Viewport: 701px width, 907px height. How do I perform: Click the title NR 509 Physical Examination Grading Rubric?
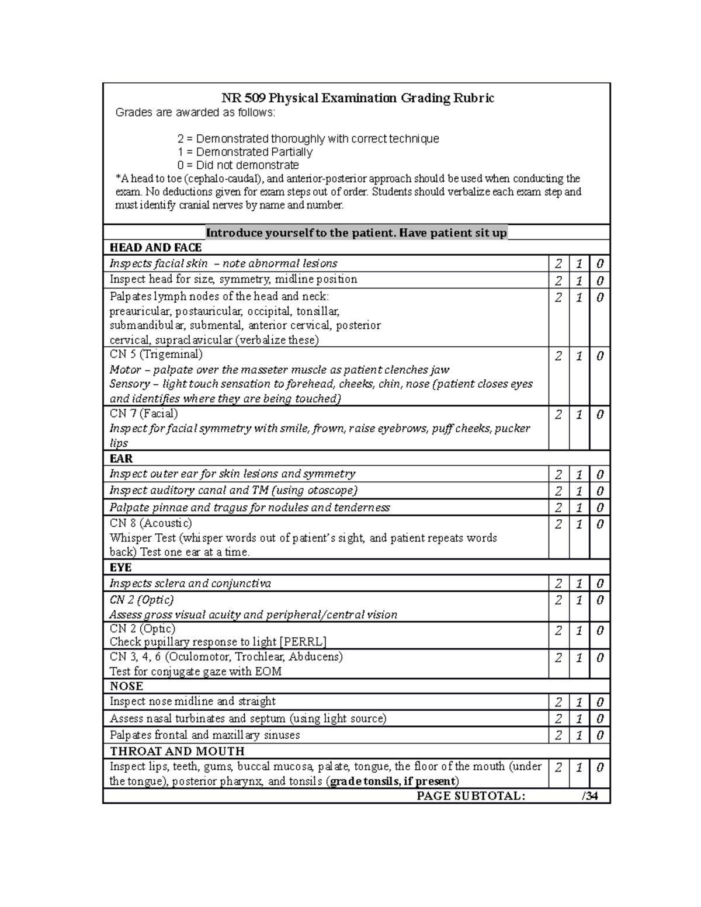click(357, 98)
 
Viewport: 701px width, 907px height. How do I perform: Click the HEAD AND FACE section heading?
click(155, 248)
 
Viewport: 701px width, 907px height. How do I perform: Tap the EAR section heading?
click(121, 458)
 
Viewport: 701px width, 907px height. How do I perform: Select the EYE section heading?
click(120, 568)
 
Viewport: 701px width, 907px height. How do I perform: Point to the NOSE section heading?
click(126, 686)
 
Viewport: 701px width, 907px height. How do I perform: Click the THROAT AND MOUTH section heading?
click(177, 751)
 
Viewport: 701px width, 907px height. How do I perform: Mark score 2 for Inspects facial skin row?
click(558, 265)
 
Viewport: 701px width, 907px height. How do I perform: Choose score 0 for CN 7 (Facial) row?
click(600, 415)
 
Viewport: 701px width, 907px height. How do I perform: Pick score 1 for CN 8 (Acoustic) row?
click(579, 524)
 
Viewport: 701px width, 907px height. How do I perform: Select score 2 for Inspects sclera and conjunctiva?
click(558, 584)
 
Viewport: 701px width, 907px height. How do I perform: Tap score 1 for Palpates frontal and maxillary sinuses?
click(579, 735)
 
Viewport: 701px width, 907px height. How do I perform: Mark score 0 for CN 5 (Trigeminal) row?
click(600, 356)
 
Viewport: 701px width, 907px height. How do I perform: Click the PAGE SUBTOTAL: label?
click(471, 796)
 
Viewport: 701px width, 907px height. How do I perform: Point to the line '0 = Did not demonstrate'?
click(238, 165)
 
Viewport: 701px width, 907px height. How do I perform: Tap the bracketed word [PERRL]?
click(303, 642)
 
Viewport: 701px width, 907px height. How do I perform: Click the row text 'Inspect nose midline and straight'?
click(193, 701)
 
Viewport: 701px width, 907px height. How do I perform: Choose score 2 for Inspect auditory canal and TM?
click(558, 491)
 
